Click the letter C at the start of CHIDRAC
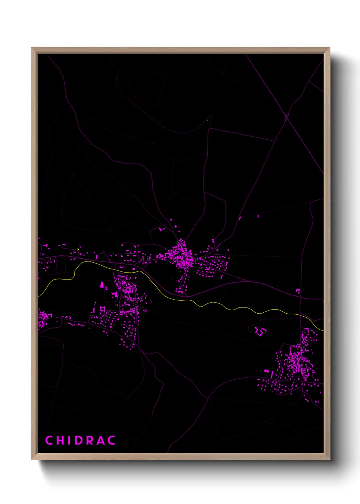(x=49, y=440)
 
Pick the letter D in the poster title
(x=78, y=440)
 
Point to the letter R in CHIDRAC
(x=90, y=440)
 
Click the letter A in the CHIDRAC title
(x=101, y=440)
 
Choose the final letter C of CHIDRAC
(x=112, y=440)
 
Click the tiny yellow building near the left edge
(x=78, y=249)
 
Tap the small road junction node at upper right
(x=287, y=117)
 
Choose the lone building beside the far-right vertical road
(x=298, y=291)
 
